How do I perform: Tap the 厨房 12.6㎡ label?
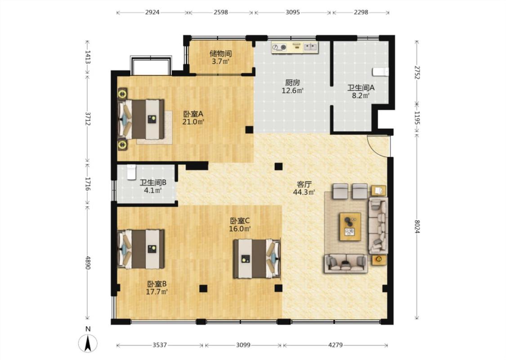pyautogui.click(x=292, y=86)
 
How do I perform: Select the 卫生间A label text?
pyautogui.click(x=361, y=87)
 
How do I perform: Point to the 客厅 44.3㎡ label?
pyautogui.click(x=304, y=188)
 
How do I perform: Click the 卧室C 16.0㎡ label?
pyautogui.click(x=240, y=225)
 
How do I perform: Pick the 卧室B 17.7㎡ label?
pyautogui.click(x=157, y=288)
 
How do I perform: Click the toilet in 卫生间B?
pyautogui.click(x=131, y=172)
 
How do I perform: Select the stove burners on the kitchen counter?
pyautogui.click(x=279, y=47)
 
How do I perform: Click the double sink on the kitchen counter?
pyautogui.click(x=310, y=47)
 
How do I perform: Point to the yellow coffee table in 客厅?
pyautogui.click(x=350, y=226)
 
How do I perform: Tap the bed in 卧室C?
pyautogui.click(x=257, y=258)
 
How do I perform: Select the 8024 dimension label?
pyautogui.click(x=416, y=226)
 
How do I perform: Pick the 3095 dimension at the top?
pyautogui.click(x=293, y=12)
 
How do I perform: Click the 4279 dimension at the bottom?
pyautogui.click(x=335, y=345)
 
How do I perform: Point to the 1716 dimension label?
pyautogui.click(x=87, y=184)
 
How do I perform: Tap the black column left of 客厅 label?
pyautogui.click(x=278, y=166)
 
